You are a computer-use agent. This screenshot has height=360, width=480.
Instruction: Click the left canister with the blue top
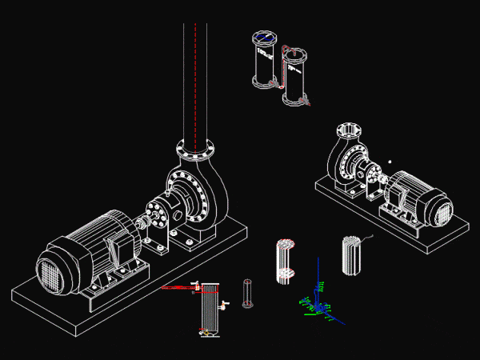click(263, 59)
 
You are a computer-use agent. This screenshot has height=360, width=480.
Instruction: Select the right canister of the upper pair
click(295, 76)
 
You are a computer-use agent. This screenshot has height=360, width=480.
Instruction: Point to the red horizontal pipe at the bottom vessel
click(178, 286)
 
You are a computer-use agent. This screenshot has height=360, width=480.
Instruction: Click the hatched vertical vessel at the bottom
click(209, 308)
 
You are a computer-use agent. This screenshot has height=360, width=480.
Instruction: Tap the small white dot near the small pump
click(389, 162)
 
